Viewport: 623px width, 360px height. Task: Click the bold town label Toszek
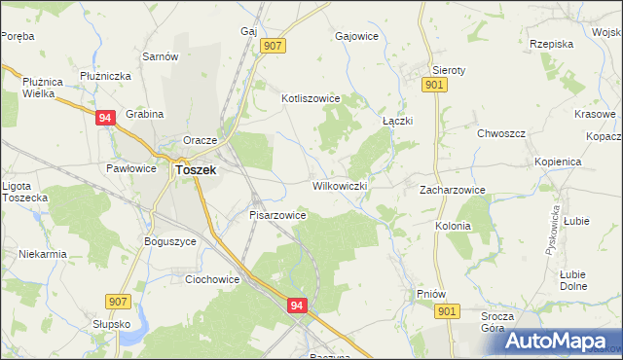[195, 168]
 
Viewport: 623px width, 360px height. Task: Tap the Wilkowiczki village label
[339, 185]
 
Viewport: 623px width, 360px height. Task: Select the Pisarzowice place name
[278, 214]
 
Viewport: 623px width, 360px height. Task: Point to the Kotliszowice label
[310, 98]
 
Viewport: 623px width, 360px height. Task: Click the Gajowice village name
[355, 36]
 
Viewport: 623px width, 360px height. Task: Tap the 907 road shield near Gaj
[273, 46]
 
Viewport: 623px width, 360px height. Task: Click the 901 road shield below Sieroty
[435, 87]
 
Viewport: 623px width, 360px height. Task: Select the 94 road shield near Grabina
[106, 117]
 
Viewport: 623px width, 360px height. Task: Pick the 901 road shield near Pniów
[448, 310]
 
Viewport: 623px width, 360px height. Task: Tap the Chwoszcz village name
[500, 133]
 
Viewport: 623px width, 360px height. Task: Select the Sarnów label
[161, 56]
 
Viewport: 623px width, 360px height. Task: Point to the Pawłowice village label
[131, 168]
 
